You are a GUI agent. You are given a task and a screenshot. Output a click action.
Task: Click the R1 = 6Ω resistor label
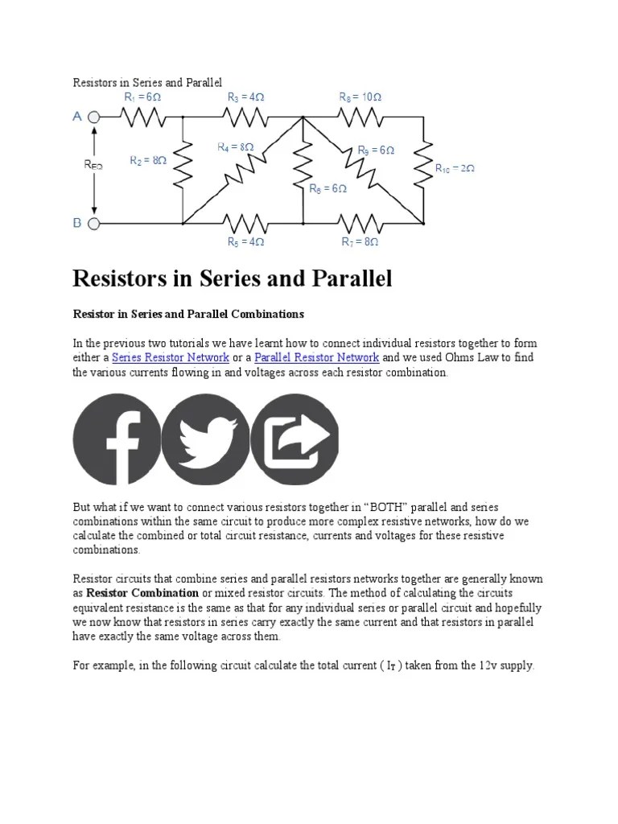[x=142, y=97]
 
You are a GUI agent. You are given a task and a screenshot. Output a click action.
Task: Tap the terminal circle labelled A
[x=94, y=117]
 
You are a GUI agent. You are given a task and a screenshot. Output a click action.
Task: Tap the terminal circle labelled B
[x=94, y=223]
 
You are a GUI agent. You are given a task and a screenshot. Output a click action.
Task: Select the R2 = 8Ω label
[x=148, y=160]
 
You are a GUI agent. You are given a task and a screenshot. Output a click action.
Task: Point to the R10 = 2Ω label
[x=455, y=168]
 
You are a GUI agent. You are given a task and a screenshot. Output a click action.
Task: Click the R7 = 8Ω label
[x=360, y=241]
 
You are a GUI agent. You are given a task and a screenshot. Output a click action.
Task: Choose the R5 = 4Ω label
[x=245, y=241]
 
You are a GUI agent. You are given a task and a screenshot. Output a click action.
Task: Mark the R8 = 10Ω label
[x=360, y=97]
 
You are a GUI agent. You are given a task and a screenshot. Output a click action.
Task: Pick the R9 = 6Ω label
[x=376, y=150]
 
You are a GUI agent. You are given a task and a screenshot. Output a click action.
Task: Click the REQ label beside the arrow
[x=93, y=165]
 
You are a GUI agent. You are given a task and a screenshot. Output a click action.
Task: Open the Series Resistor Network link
[x=171, y=357]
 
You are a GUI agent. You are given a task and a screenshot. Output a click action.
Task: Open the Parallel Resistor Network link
[x=316, y=357]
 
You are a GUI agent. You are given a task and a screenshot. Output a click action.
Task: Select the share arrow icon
[x=295, y=439]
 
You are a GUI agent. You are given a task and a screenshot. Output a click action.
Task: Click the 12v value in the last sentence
[x=484, y=666]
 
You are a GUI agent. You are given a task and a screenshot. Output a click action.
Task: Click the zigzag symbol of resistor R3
[x=245, y=118]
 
